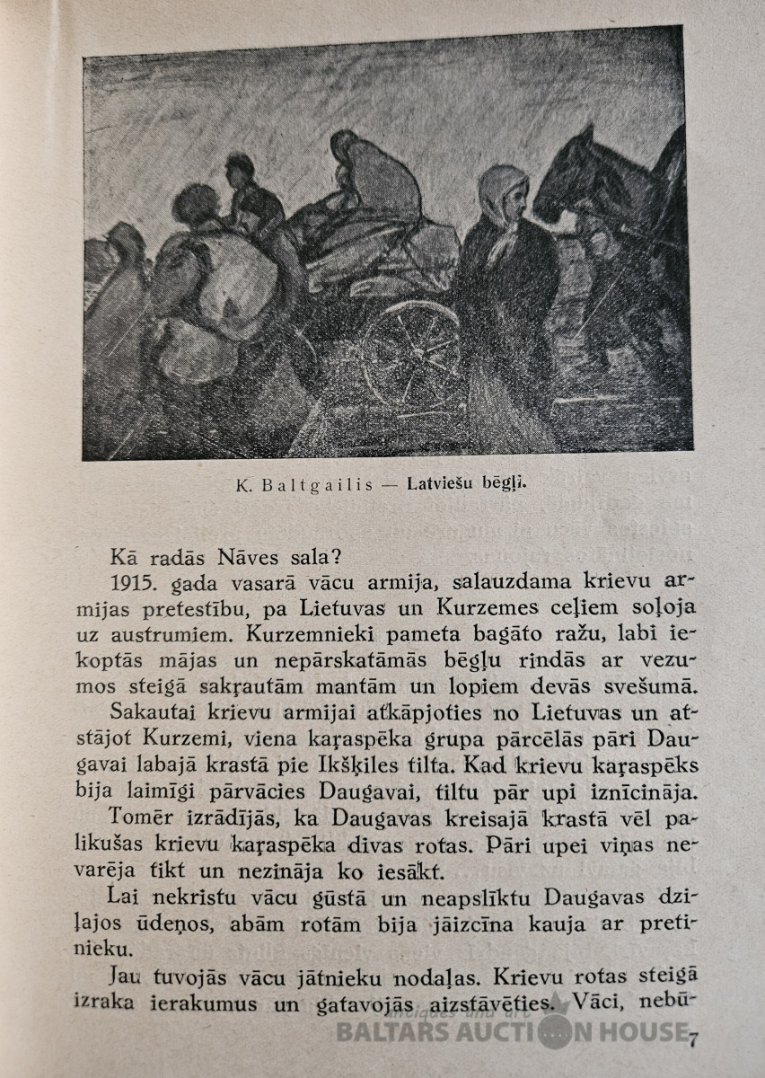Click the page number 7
(692, 1039)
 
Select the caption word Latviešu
(443, 484)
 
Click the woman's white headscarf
(503, 192)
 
